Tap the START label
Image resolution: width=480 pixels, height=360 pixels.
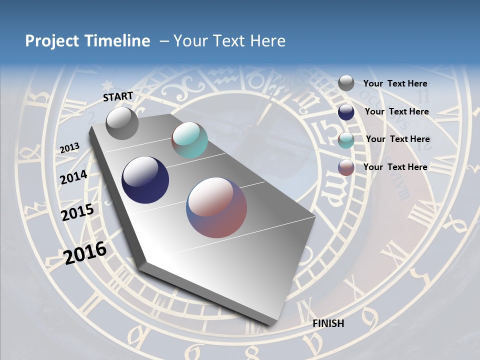point(118,96)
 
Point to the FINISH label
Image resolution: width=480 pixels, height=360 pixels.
point(328,323)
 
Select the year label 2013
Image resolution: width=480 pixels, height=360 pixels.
point(69,148)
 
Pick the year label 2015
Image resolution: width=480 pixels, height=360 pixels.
point(77,212)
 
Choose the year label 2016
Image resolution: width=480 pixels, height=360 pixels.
point(85,252)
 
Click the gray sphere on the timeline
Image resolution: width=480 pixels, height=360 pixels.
point(122,123)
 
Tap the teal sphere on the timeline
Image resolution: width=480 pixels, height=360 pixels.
point(189,140)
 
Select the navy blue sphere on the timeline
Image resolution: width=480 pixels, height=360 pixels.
point(145,180)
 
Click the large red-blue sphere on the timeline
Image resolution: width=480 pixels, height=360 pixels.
point(216,207)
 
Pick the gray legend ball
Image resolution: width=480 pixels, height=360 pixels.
point(346,83)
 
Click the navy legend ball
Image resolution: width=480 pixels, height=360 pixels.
point(346,112)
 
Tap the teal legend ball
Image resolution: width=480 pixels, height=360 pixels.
point(346,140)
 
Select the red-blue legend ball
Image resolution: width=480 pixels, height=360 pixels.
point(346,167)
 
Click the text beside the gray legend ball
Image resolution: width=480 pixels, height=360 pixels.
point(395,83)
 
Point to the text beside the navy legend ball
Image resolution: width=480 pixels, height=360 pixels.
point(397,111)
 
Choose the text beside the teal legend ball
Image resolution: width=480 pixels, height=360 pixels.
point(398,139)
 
